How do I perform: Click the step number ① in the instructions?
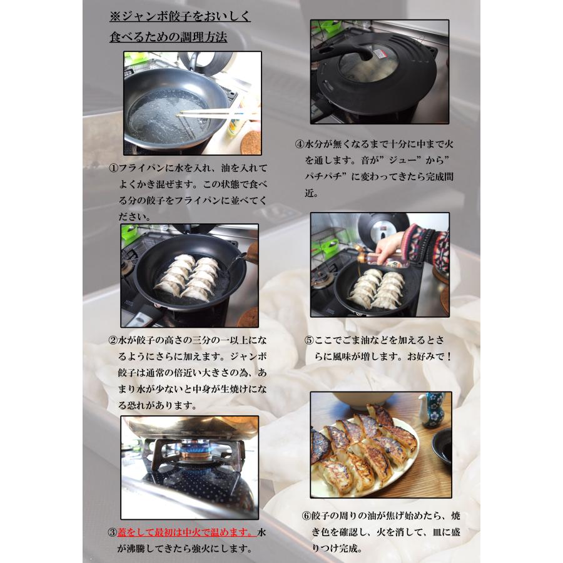point(113,168)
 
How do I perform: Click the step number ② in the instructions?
point(113,341)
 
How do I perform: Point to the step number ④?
point(300,143)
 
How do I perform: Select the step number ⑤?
point(308,341)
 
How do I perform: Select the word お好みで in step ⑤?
point(431,357)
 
